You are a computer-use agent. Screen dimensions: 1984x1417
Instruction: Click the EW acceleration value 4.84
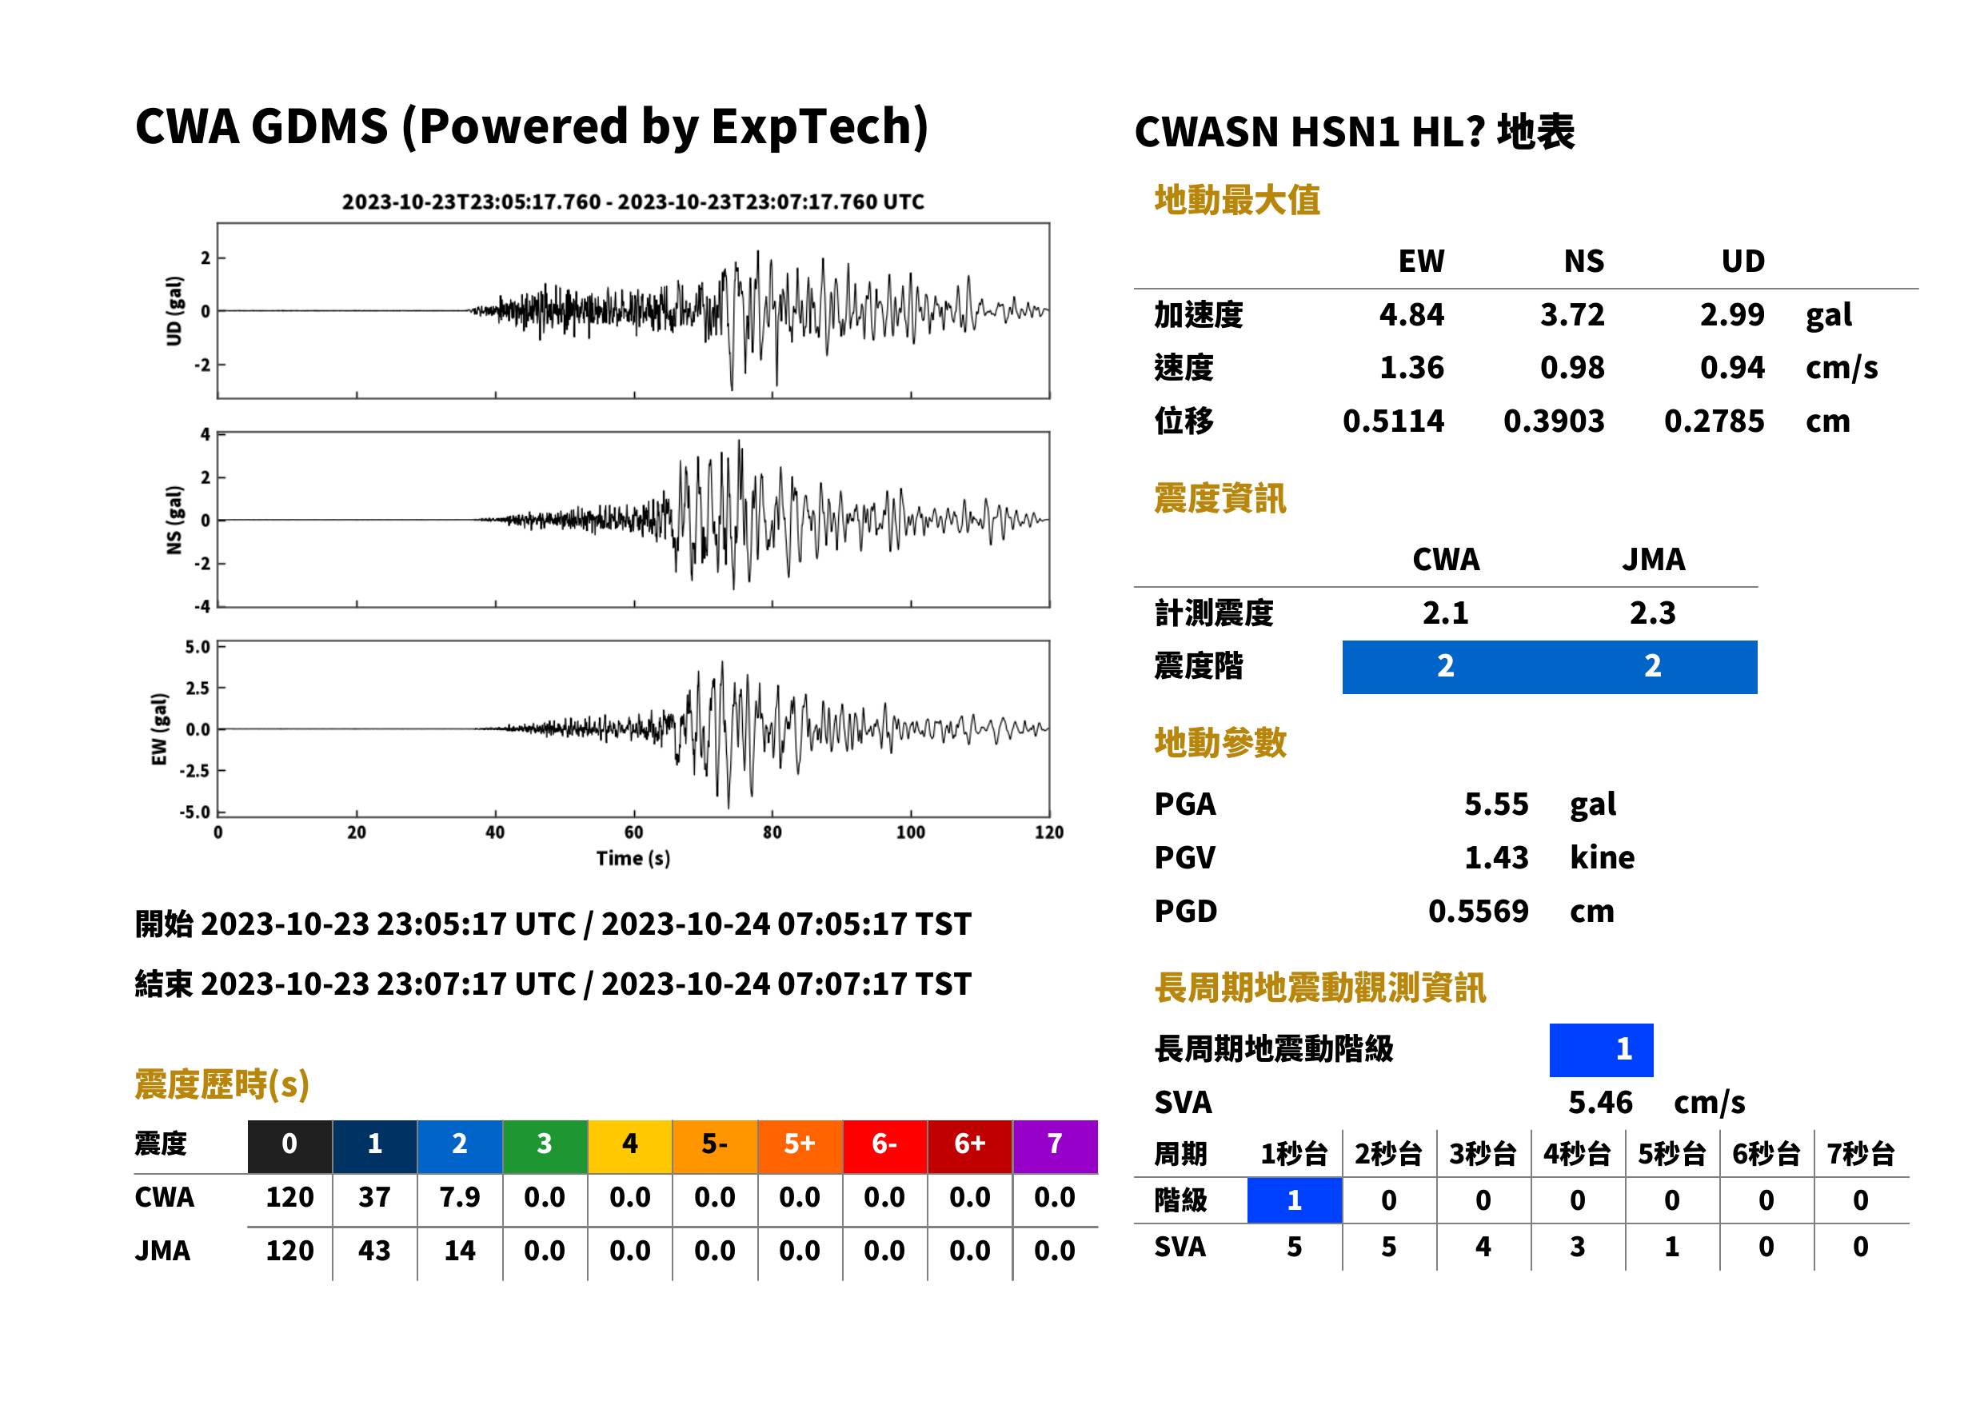coord(1411,314)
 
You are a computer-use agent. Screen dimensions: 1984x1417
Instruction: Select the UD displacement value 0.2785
coord(1714,421)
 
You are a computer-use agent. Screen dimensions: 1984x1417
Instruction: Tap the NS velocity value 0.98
coord(1571,367)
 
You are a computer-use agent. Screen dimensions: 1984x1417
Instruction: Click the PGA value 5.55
coord(1495,804)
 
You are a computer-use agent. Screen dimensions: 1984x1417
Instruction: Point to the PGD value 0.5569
coord(1478,911)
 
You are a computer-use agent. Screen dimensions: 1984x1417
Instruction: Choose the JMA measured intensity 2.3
coord(1652,613)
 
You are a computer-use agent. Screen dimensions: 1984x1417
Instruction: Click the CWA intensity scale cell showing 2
coord(1446,667)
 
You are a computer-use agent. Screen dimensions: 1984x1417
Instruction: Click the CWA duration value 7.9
coord(460,1197)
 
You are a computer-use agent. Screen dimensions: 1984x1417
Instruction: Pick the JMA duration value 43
coord(374,1251)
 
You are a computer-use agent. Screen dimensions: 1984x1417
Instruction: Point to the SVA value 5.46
coord(1600,1102)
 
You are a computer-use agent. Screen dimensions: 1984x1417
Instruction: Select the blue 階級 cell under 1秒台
coord(1295,1199)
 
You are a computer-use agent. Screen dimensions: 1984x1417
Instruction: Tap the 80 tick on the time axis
coord(772,832)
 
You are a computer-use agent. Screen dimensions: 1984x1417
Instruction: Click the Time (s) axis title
coord(633,859)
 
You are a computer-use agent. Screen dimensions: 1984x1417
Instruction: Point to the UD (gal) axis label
coord(174,310)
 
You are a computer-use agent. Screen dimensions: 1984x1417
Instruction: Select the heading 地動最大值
coord(1237,200)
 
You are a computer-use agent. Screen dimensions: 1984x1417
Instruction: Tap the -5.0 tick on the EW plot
coord(196,812)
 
